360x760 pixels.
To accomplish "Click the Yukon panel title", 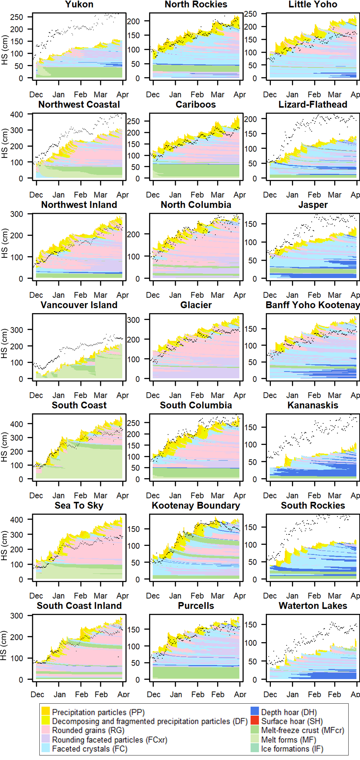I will click(79, 4).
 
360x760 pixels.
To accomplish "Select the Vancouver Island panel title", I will click(79, 305).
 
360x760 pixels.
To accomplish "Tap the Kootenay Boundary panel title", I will click(196, 505).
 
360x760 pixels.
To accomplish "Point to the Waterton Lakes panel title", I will click(313, 606).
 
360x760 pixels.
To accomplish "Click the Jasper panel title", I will click(313, 205).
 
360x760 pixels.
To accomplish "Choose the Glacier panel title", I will click(196, 305).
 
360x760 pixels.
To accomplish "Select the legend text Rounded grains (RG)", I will click(88, 730).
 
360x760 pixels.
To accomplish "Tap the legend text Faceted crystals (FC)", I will click(90, 749).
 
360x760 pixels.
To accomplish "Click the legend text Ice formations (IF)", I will click(292, 749).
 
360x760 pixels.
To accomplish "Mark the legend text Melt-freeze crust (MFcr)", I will click(302, 730).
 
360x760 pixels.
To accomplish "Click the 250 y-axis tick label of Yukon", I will click(16, 17).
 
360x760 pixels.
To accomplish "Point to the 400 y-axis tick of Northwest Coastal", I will click(16, 115).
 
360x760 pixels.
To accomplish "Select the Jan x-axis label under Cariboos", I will click(175, 195).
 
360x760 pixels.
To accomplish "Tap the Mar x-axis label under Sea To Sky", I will click(100, 596).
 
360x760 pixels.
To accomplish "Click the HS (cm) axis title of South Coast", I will click(4, 447).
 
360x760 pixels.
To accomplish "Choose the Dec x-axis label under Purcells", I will click(153, 695).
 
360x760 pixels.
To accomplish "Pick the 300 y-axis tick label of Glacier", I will click(133, 320).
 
